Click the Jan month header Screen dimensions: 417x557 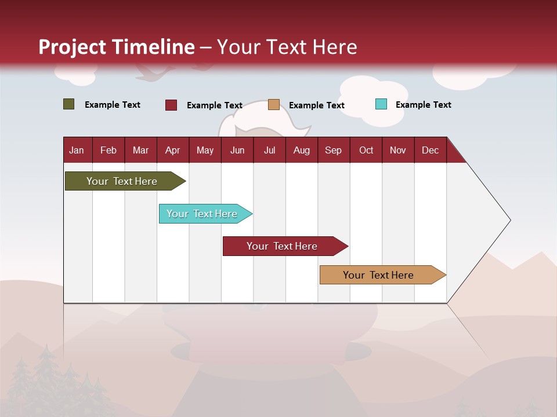[x=77, y=150]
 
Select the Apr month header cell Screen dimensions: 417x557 [x=172, y=150]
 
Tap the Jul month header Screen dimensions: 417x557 [x=269, y=150]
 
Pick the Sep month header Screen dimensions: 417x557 [x=333, y=150]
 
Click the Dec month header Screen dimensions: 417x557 [x=430, y=150]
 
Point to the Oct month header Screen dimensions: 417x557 [x=366, y=150]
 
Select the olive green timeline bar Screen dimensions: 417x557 [x=122, y=181]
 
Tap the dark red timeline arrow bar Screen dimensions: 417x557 [x=283, y=246]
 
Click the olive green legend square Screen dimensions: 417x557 [x=68, y=104]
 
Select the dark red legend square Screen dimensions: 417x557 [x=171, y=105]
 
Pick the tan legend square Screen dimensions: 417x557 [x=273, y=105]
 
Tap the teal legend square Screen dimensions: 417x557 [x=381, y=104]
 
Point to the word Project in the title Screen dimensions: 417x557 [x=73, y=47]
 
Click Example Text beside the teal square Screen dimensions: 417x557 [x=423, y=105]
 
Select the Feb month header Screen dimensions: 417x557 [x=108, y=150]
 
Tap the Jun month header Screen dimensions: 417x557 [x=237, y=150]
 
